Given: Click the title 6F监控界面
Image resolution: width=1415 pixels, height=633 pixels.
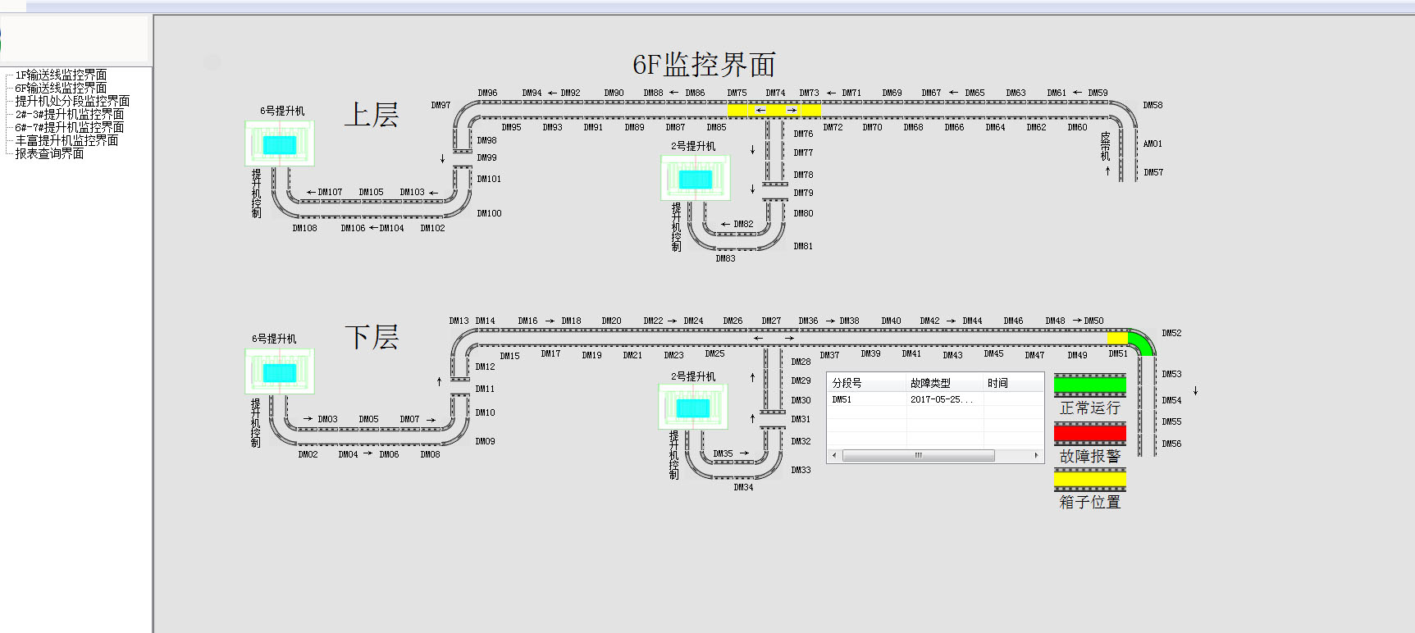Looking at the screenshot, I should [x=704, y=65].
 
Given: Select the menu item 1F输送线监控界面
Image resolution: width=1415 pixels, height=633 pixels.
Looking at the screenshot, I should [x=61, y=75].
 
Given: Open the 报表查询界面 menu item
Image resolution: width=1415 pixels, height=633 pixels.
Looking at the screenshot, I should [x=49, y=154].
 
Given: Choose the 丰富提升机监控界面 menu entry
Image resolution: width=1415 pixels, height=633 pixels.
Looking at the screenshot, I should [x=66, y=141].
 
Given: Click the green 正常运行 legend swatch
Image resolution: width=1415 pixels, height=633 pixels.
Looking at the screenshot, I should [x=1089, y=385].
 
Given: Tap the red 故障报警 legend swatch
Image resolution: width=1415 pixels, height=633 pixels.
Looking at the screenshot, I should [x=1089, y=433].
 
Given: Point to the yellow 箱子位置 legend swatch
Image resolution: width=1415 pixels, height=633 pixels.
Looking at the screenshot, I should [x=1089, y=480].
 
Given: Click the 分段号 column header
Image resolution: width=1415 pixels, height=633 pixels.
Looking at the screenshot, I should [x=847, y=383].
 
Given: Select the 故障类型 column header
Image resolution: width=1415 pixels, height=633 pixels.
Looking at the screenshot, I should [x=930, y=383].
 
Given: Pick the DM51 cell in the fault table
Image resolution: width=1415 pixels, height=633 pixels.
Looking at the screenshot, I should [x=842, y=400].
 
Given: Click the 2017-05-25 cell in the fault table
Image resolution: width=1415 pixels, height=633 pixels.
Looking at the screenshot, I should [x=941, y=400].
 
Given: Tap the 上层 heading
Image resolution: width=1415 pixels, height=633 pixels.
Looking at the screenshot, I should [x=371, y=115].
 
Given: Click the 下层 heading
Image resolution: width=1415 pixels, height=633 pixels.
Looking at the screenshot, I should [x=371, y=337].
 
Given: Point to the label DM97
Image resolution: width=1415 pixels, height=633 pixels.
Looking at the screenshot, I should [x=440, y=106].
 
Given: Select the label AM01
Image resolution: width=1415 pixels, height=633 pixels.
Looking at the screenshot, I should [x=1153, y=144].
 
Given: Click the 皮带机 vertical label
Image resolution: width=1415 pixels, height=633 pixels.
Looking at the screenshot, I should [x=1105, y=146].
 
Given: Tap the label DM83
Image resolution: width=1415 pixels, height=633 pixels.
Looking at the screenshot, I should [x=725, y=259].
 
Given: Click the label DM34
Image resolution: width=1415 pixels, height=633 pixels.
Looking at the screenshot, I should [x=743, y=488].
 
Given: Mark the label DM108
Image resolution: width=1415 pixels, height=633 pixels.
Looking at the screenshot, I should [x=304, y=229].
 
